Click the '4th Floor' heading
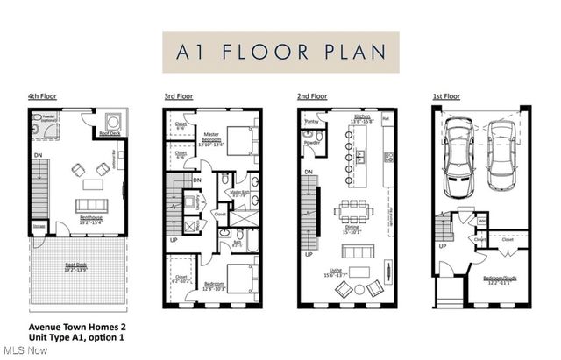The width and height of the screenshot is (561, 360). click(x=41, y=96)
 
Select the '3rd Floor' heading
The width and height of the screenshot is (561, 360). click(x=178, y=96)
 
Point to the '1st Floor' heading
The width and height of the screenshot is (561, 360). click(x=447, y=96)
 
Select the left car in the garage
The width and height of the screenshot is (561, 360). click(x=458, y=159)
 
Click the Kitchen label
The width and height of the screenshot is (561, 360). click(x=363, y=117)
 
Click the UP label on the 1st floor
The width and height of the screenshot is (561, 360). click(x=443, y=246)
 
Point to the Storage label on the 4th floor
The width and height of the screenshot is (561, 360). click(x=37, y=226)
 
